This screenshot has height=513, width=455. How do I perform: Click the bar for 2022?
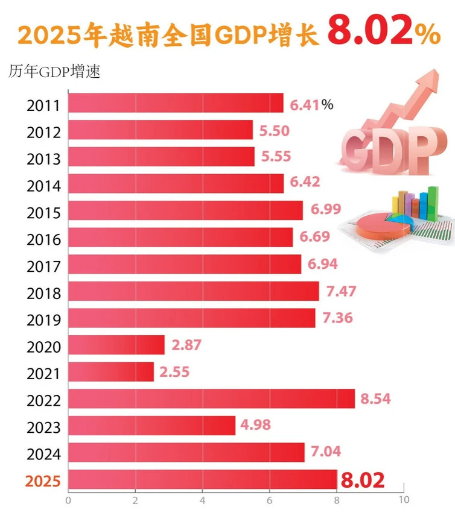pos(211,399)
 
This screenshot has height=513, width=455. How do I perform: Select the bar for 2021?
pos(111,372)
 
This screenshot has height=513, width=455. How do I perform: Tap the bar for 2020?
pos(116,345)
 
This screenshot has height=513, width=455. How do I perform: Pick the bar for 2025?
pos(203,480)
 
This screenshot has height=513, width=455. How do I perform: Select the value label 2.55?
pos(175,372)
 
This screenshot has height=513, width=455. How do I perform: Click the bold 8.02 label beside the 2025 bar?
pos(363,480)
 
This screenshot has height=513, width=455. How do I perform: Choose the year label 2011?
pos(43,106)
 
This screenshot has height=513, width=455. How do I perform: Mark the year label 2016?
pos(43,240)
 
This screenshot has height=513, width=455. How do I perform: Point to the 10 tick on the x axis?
pos(404,500)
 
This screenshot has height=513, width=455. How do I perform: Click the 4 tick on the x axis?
pos(203,500)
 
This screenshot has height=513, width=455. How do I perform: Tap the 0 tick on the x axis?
pos(68,500)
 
